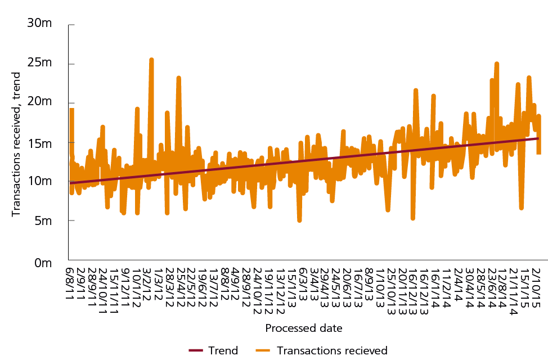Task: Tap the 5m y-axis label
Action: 42,222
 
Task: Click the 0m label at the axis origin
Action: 42,262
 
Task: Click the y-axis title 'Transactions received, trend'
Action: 16,144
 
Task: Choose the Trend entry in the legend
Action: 223,350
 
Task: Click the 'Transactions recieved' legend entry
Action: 333,350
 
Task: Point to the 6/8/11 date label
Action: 70,284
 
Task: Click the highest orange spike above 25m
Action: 151,59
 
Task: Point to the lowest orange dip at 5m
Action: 299,220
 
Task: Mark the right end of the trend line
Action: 538,138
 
